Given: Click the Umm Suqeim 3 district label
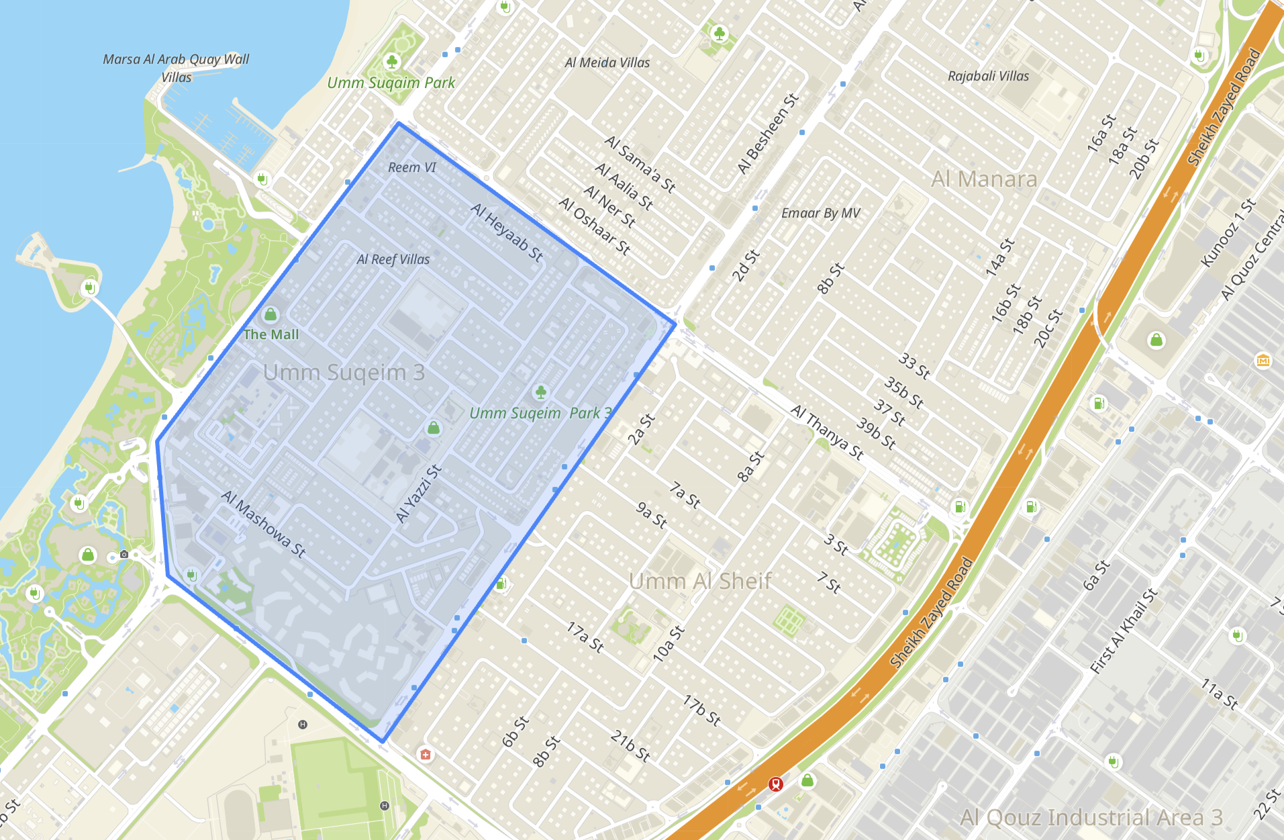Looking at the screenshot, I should [344, 372].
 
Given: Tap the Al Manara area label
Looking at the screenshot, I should [984, 179].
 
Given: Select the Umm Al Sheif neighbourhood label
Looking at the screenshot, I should [700, 581].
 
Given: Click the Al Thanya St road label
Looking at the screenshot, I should [827, 432].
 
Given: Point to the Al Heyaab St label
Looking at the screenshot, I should [507, 232].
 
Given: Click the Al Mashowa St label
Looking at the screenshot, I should [264, 524].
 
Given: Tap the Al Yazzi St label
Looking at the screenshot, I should [419, 494].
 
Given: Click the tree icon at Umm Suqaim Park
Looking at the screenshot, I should [392, 62].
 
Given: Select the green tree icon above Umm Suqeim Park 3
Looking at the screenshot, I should [541, 391].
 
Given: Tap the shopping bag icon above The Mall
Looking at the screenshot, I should [270, 314].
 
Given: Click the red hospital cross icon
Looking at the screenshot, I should [426, 755].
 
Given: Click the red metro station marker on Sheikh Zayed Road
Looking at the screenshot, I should [776, 784].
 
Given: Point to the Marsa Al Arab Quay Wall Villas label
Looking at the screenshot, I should [176, 68].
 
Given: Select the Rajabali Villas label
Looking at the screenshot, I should [988, 76].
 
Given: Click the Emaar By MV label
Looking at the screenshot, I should [820, 213].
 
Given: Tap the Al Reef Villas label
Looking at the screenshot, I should [393, 259].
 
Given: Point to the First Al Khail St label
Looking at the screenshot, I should [1124, 631].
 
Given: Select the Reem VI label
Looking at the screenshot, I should [412, 167].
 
